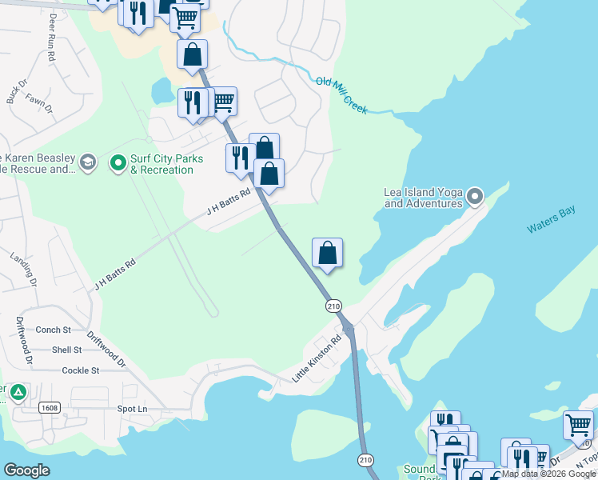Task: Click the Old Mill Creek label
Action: [x=341, y=95]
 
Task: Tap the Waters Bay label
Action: [x=551, y=222]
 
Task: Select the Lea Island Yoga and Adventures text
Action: [x=423, y=198]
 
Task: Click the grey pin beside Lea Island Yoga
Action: [x=476, y=196]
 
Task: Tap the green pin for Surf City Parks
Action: [x=118, y=164]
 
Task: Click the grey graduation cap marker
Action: [x=87, y=163]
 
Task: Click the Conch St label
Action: [x=54, y=330]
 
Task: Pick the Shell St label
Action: [x=66, y=350]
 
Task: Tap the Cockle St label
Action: [x=80, y=370]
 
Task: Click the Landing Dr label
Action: [x=23, y=269]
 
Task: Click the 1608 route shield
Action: [x=50, y=408]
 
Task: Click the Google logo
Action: [x=26, y=470]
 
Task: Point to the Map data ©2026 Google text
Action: [x=548, y=474]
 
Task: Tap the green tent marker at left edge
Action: [x=18, y=394]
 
